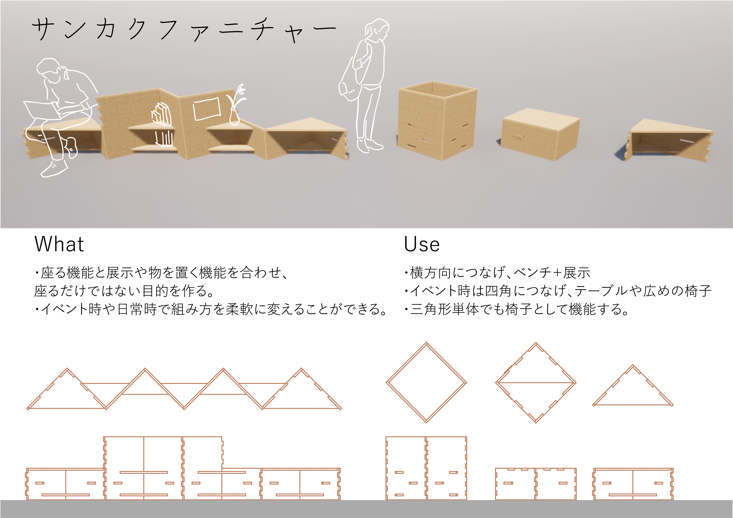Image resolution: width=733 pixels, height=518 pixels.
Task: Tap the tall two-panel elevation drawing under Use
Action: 426,468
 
